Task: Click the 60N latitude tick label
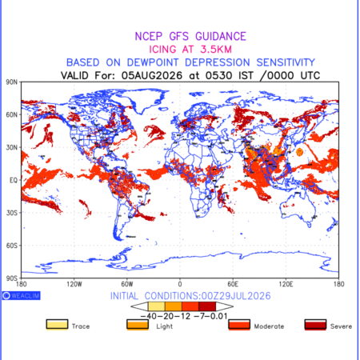[11, 115]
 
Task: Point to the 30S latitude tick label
[11, 213]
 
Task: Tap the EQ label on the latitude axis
[14, 180]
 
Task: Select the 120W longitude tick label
[74, 284]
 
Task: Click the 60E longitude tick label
[233, 284]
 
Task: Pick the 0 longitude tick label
[180, 284]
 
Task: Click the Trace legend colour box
[57, 325]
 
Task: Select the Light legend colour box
[138, 325]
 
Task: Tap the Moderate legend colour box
[239, 325]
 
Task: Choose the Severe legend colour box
[315, 325]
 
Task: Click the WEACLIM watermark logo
[22, 295]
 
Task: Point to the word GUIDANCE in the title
[221, 36]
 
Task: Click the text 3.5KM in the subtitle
[216, 50]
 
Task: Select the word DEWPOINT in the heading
[153, 62]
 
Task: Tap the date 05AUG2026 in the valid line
[152, 75]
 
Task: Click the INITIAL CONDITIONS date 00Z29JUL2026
[236, 296]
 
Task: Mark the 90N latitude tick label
[11, 82]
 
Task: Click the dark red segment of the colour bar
[207, 306]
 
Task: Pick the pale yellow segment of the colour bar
[157, 306]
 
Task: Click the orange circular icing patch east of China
[299, 152]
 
